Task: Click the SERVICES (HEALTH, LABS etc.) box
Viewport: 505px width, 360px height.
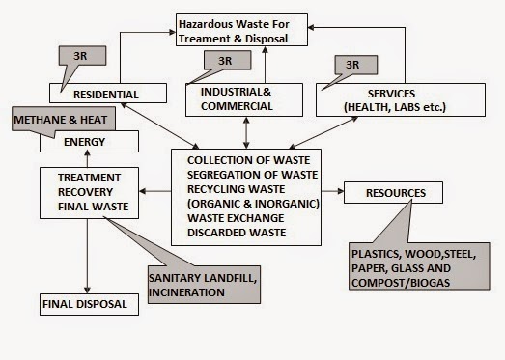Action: (399, 98)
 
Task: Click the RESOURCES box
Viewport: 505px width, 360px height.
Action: (394, 192)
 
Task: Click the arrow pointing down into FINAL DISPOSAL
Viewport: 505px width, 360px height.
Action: (87, 288)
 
